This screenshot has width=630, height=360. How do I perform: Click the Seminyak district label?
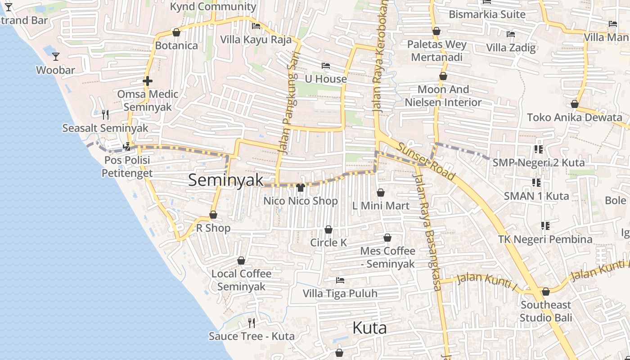click(x=225, y=180)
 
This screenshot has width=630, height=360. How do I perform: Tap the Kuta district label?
click(x=369, y=328)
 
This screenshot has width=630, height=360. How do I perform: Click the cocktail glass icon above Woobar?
click(x=56, y=56)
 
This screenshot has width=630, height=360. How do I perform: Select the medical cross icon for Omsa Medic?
click(x=148, y=81)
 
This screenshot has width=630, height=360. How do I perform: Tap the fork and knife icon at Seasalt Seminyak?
click(x=105, y=115)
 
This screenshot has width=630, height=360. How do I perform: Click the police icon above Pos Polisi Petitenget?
click(x=127, y=146)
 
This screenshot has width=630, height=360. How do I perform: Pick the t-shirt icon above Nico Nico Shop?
click(x=301, y=187)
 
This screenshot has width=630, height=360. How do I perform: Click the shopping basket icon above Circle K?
click(x=328, y=229)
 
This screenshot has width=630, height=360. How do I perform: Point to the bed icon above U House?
click(x=326, y=66)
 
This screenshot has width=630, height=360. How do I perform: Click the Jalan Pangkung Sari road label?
click(x=287, y=108)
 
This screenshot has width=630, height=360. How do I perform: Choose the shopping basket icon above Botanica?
click(x=176, y=32)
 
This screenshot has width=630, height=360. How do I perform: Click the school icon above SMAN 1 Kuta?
click(x=536, y=182)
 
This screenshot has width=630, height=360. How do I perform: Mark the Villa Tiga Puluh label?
click(x=340, y=294)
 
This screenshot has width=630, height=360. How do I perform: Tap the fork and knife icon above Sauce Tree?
click(x=252, y=323)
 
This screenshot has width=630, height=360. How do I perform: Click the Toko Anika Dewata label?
click(x=574, y=117)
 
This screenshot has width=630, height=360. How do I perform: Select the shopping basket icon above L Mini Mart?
click(x=381, y=193)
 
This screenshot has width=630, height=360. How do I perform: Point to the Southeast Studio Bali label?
click(x=546, y=311)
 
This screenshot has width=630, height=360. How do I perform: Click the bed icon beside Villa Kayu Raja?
click(x=256, y=26)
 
